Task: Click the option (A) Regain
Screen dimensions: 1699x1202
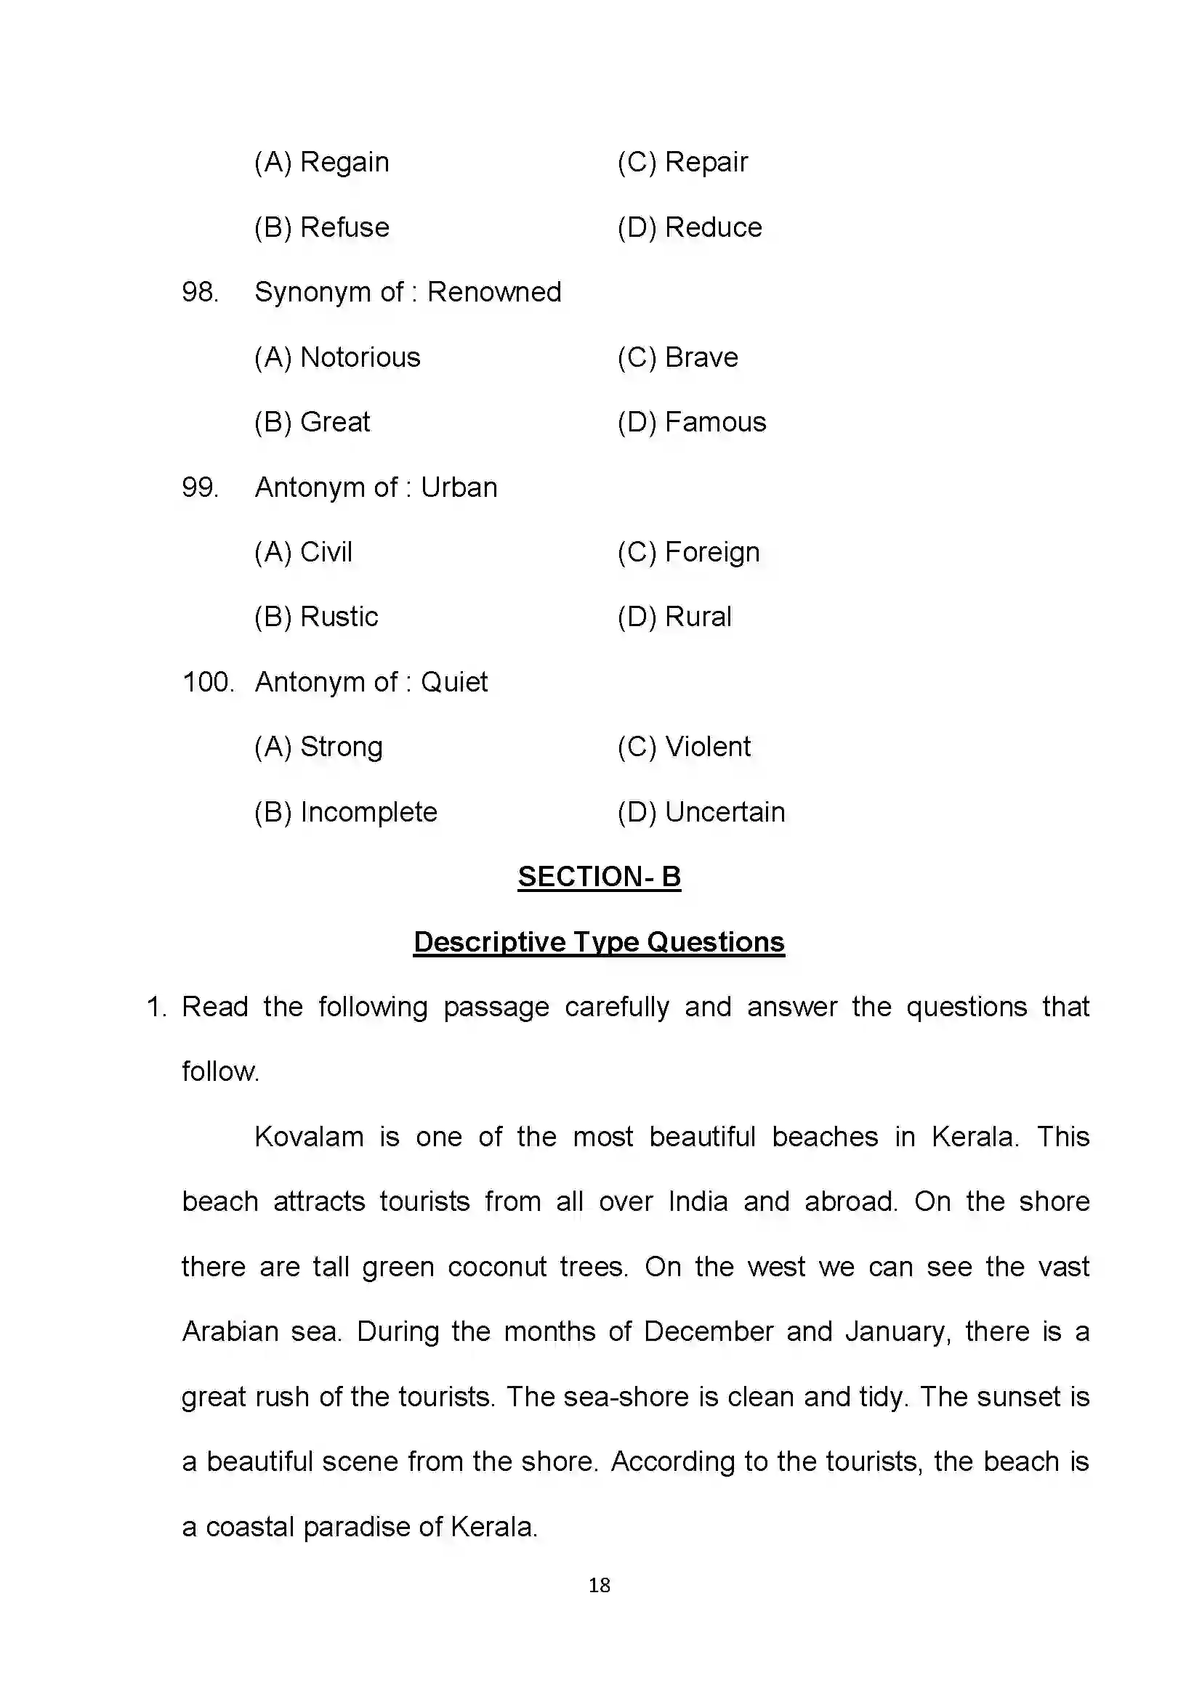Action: click(x=321, y=162)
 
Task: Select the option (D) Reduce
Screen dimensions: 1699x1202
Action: click(x=689, y=227)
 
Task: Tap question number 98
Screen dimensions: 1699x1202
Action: click(x=200, y=292)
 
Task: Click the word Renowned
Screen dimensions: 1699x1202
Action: click(x=493, y=292)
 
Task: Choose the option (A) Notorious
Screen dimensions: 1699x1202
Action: click(x=336, y=357)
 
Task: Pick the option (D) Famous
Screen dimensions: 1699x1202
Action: click(x=691, y=423)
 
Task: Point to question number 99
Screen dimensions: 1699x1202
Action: click(x=200, y=487)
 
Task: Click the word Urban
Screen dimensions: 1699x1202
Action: click(x=459, y=487)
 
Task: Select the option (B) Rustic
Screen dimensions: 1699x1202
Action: click(x=316, y=617)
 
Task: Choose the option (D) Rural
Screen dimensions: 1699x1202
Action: click(x=674, y=617)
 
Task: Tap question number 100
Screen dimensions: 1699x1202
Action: click(x=207, y=682)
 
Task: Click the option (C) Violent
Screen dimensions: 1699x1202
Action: click(x=684, y=747)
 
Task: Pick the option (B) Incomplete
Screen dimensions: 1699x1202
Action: click(x=346, y=813)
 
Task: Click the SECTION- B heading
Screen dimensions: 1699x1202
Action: click(x=599, y=877)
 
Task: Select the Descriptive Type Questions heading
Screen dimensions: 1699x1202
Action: click(x=599, y=942)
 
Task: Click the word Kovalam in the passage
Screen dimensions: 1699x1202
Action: click(x=309, y=1138)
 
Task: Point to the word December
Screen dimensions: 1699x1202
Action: click(x=709, y=1332)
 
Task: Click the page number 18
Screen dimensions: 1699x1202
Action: click(x=599, y=1585)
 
